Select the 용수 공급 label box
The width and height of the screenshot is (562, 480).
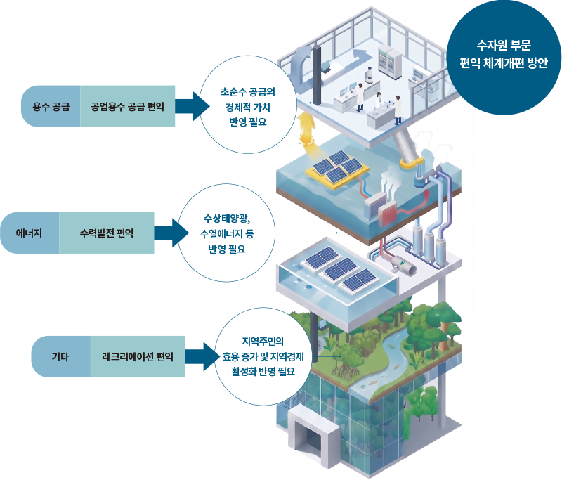(51, 106)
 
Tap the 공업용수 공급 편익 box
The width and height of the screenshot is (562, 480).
(128, 106)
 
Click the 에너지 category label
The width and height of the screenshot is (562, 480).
(30, 233)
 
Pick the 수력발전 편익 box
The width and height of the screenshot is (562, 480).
(107, 233)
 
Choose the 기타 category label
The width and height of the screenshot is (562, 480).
(60, 357)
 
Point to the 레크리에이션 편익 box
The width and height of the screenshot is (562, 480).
(138, 357)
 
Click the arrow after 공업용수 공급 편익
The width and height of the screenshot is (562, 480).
(192, 106)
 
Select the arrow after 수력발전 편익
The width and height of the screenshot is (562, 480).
(171, 233)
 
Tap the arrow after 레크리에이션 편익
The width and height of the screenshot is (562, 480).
(202, 357)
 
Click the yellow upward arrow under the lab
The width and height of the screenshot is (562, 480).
(308, 131)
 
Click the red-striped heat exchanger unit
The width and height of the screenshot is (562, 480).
(388, 214)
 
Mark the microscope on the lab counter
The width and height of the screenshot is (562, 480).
(368, 75)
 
